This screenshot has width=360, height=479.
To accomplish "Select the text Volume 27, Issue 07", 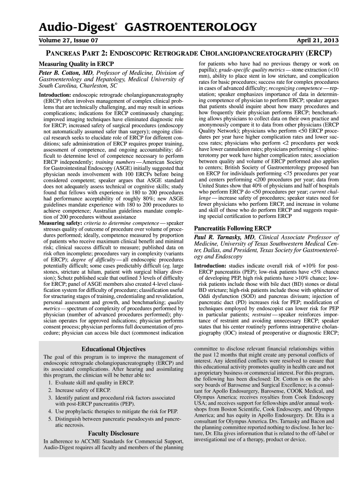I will (68, 41).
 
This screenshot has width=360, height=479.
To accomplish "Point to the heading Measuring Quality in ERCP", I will (76, 64).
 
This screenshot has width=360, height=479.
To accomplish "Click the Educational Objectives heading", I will (114, 349).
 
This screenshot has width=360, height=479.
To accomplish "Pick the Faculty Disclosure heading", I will (114, 434).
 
